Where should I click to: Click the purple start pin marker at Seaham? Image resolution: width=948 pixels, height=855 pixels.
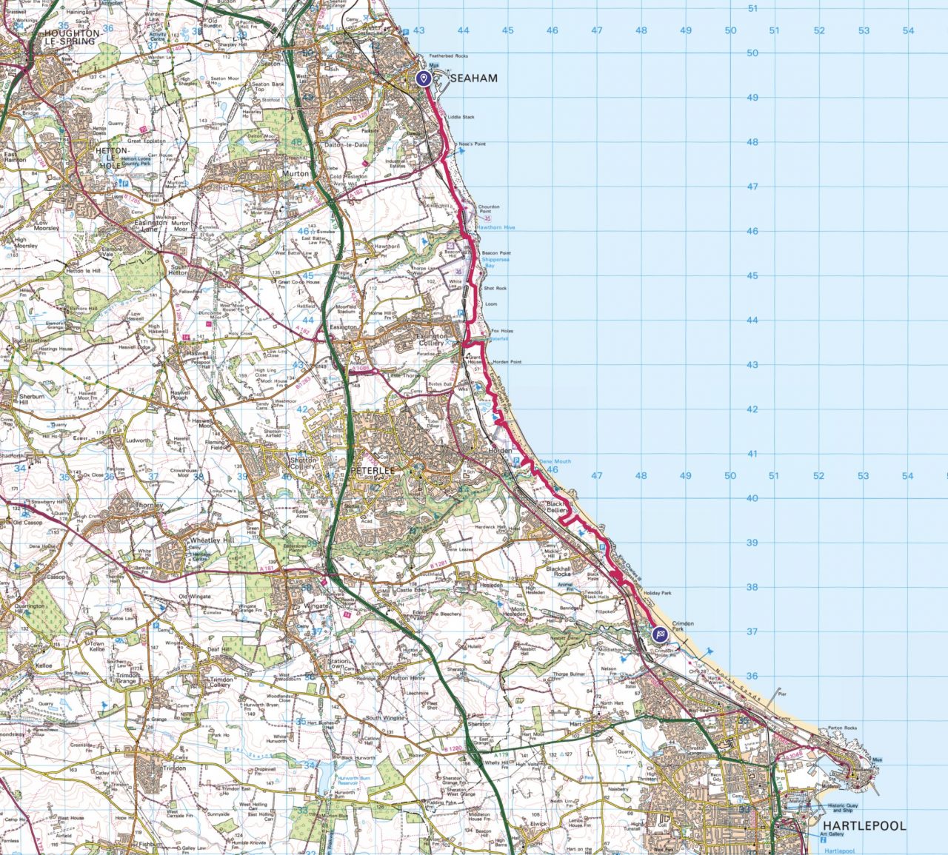[424, 78]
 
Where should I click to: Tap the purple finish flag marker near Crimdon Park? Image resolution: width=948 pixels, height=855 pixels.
[659, 634]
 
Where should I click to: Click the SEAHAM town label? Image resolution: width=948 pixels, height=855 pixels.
[474, 78]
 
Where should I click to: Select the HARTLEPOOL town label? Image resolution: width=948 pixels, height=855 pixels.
[864, 825]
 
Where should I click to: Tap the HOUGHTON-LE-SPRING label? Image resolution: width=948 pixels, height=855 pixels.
[72, 38]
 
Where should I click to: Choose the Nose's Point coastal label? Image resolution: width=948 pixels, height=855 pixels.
[471, 144]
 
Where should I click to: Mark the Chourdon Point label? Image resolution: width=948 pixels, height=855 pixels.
[489, 209]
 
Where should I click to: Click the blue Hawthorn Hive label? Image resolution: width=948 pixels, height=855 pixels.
[495, 227]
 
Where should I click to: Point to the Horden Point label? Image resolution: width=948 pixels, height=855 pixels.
[507, 362]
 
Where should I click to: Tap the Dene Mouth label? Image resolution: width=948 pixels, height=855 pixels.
[555, 461]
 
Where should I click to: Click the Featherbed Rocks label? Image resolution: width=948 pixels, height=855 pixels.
[452, 56]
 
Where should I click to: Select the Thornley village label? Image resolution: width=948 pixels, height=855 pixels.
[148, 506]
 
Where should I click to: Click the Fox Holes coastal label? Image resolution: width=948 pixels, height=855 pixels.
[501, 331]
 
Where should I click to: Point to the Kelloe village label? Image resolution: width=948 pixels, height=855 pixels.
[44, 666]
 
